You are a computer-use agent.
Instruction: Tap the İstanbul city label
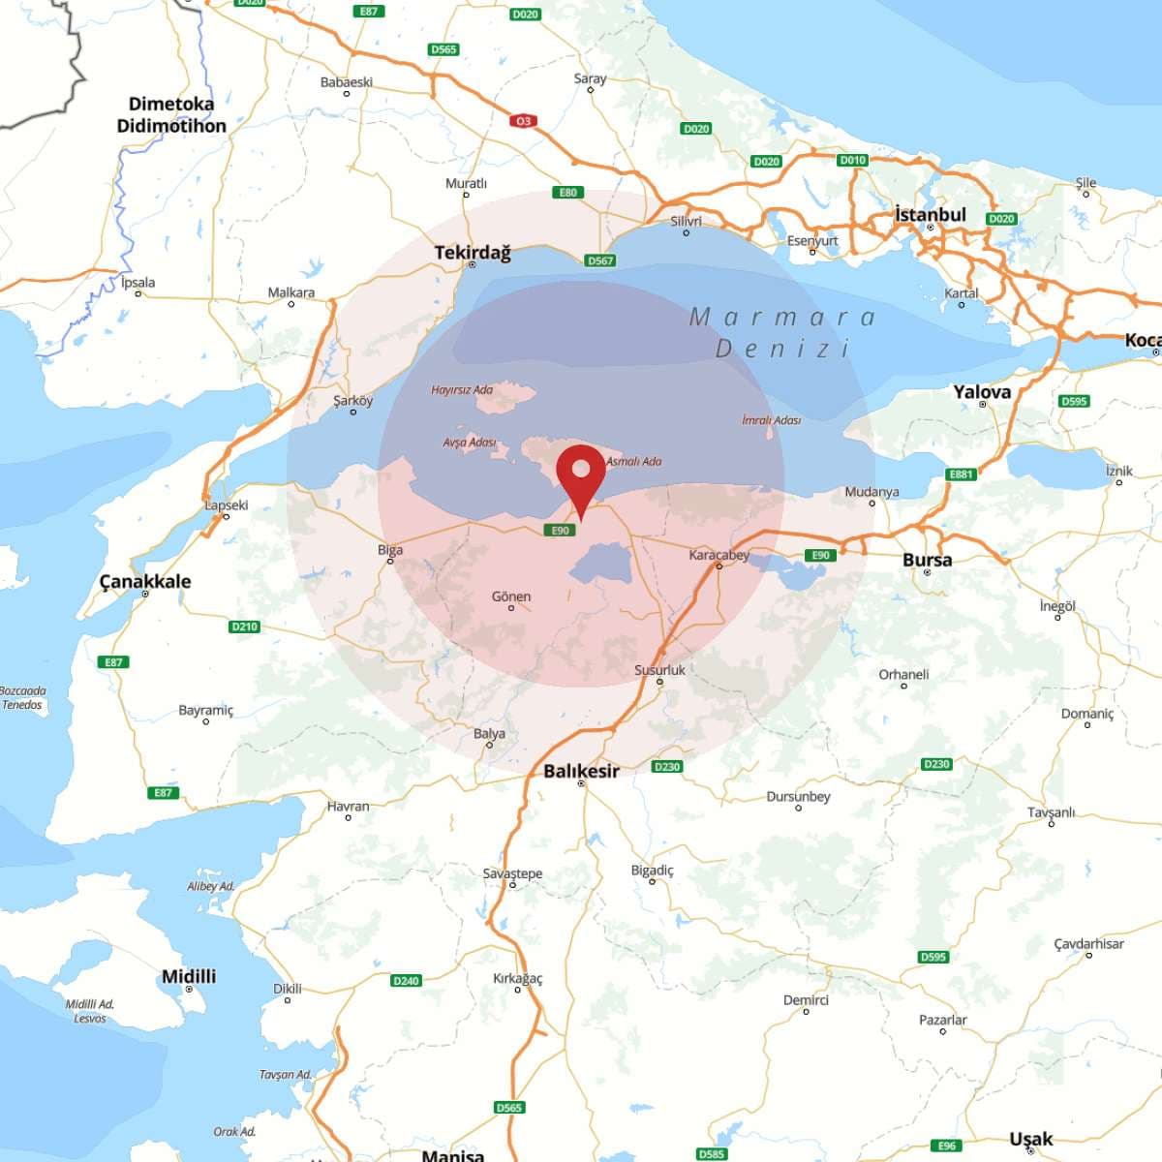(930, 215)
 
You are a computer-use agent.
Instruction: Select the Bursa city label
(927, 560)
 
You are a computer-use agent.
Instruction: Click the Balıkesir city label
(581, 771)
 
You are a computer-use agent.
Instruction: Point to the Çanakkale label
(145, 581)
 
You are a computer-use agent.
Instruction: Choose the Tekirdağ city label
(472, 252)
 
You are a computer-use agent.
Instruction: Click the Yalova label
(981, 391)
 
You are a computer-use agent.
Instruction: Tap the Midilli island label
(189, 976)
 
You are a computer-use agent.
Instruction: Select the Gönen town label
(511, 596)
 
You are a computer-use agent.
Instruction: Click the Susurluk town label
(659, 670)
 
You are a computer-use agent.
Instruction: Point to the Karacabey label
(719, 555)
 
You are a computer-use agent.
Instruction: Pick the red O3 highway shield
(523, 121)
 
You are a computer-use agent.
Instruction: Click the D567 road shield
(600, 260)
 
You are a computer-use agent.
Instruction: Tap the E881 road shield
(961, 474)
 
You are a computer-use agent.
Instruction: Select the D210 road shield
(244, 627)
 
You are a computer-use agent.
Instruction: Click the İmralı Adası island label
(771, 420)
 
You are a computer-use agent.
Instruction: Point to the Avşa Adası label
(470, 443)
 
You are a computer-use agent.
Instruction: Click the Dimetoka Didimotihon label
(171, 114)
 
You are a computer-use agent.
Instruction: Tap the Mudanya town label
(871, 492)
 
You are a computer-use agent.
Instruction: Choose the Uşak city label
(1030, 1139)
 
